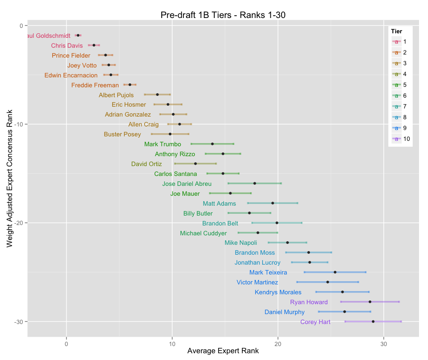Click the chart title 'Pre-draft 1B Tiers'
[x=223, y=15]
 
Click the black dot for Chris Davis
[x=94, y=45]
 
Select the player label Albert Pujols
[x=116, y=95]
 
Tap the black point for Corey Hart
[x=373, y=321]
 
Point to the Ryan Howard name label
[x=309, y=302]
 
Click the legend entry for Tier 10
[x=401, y=139]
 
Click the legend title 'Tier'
[x=396, y=31]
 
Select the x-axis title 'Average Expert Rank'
[x=223, y=351]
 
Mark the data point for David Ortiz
[x=196, y=164]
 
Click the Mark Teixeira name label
[x=268, y=272]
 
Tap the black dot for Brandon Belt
[x=277, y=223]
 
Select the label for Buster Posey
[x=122, y=134]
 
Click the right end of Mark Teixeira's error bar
[x=365, y=272]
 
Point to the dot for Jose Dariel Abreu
[x=255, y=183]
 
